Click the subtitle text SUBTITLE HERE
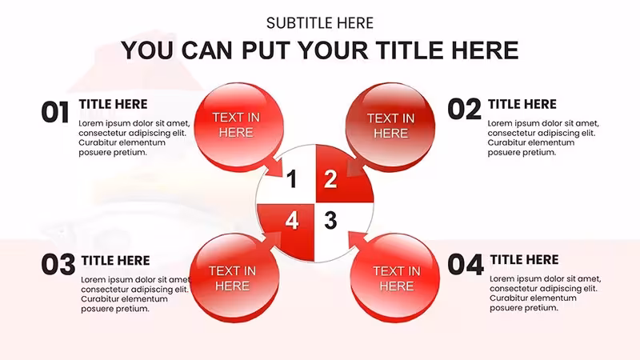[319, 23]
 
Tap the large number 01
[55, 112]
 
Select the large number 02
[464, 110]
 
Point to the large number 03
[58, 264]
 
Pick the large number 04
[466, 265]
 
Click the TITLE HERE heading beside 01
[113, 105]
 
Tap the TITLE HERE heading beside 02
[522, 105]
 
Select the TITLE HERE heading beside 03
[115, 261]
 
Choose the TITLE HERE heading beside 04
[525, 259]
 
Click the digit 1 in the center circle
[291, 179]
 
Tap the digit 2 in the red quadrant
[330, 179]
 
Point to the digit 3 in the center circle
[330, 221]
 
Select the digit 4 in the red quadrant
[291, 221]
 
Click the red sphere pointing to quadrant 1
[238, 126]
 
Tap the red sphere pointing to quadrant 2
[390, 126]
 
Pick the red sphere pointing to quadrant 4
[234, 278]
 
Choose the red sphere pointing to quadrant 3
[394, 278]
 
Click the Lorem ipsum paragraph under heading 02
[543, 138]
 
